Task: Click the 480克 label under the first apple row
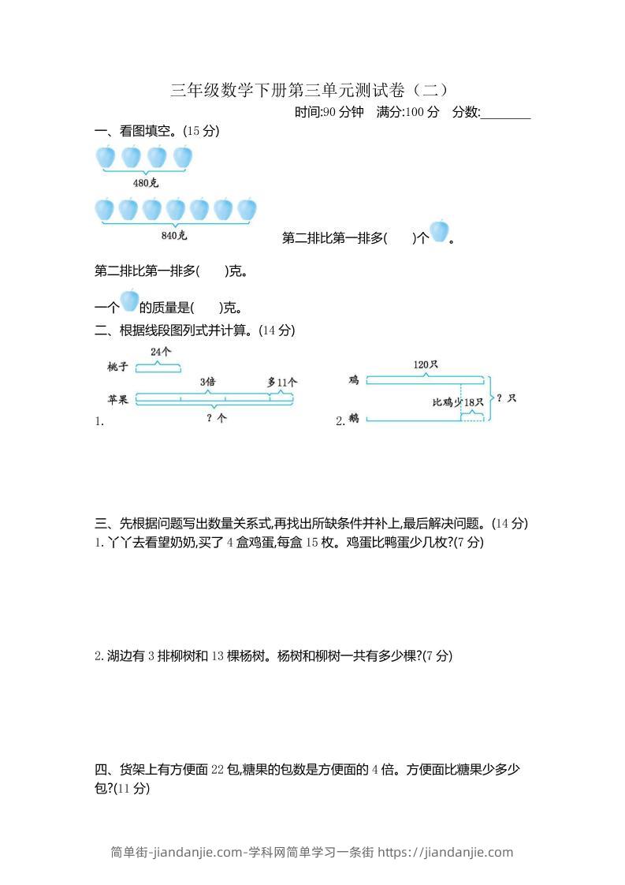[x=146, y=183]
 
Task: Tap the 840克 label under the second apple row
[x=174, y=235]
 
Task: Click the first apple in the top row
[x=106, y=157]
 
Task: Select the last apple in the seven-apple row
[x=247, y=209]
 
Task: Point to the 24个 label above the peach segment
[x=161, y=351]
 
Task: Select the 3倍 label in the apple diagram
[x=207, y=382]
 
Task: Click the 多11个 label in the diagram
[x=282, y=382]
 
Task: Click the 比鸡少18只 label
[x=458, y=402]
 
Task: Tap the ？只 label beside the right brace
[x=507, y=398]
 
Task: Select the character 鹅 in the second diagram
[x=354, y=419]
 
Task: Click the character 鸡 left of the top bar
[x=354, y=380]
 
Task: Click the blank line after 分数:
[x=505, y=113]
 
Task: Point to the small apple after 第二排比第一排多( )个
[x=439, y=232]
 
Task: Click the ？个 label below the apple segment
[x=216, y=419]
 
